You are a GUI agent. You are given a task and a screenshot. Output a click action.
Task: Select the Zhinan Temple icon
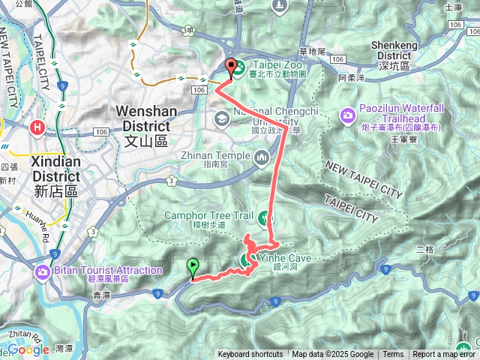[262, 157]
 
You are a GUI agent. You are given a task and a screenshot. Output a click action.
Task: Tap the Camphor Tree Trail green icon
[264, 218]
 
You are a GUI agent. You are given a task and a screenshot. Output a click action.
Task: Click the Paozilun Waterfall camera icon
[348, 115]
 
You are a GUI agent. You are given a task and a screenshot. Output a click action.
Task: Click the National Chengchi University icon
[222, 118]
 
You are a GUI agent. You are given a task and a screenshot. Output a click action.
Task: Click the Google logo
[28, 349]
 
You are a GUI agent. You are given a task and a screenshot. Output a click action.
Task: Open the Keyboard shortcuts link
[250, 355]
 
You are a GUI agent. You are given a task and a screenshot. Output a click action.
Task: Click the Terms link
[393, 355]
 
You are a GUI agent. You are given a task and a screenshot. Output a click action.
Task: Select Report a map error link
[445, 355]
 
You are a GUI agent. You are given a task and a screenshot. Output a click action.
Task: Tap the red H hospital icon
[36, 128]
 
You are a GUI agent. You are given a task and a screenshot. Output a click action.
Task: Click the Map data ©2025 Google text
[332, 355]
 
